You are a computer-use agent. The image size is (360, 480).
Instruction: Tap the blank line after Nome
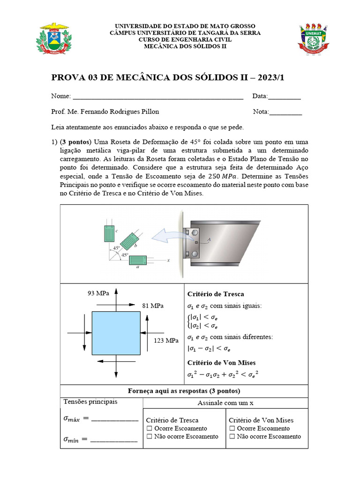(158, 97)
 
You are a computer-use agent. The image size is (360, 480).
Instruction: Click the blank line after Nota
(285, 113)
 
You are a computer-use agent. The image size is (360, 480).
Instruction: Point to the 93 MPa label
(98, 293)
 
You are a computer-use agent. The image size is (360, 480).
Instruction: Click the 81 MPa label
(153, 306)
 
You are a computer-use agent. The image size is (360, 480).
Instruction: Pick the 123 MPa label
(166, 340)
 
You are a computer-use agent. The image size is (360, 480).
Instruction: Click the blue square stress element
(115, 333)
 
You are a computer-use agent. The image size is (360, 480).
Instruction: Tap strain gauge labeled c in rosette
(110, 233)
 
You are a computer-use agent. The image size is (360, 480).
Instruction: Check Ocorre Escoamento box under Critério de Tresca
(150, 428)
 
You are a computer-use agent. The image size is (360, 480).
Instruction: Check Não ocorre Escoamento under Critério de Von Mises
(232, 436)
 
